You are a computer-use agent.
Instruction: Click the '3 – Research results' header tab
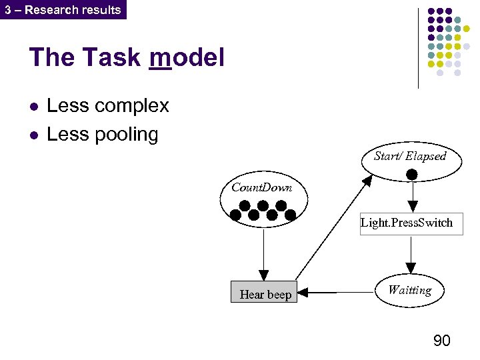coord(63,9)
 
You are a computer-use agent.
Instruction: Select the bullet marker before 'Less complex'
coord(34,107)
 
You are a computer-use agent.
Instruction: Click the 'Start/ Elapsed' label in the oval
coord(410,156)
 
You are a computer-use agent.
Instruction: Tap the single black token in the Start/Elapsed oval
coord(412,175)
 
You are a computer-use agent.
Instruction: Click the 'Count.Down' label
coord(261,187)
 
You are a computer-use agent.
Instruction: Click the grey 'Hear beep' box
coord(265,293)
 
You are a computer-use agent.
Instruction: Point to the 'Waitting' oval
coord(410,290)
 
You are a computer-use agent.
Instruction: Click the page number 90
coord(441,341)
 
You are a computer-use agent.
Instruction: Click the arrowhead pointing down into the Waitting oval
coord(411,268)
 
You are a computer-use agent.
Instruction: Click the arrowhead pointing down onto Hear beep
coord(264,275)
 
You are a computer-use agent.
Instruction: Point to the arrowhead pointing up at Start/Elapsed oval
coord(368,181)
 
